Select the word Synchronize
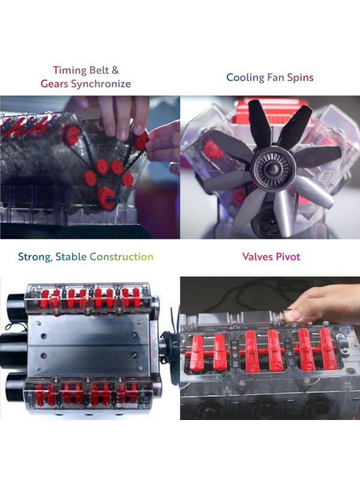(x=100, y=84)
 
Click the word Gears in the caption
(x=54, y=84)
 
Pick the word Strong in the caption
(x=34, y=257)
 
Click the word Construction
(x=122, y=257)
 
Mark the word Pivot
(x=288, y=257)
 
